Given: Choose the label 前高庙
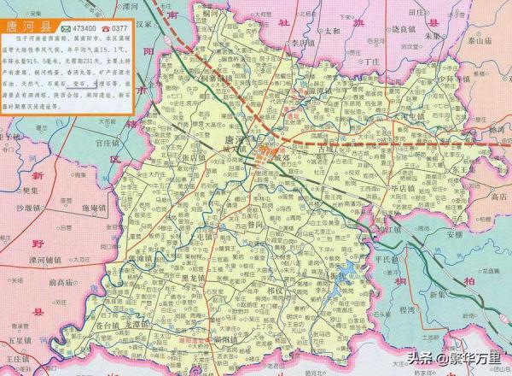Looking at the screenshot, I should pyautogui.click(x=65, y=282).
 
